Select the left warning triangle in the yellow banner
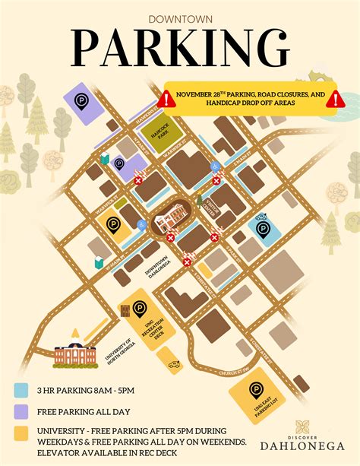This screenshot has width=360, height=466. pyautogui.click(x=167, y=98)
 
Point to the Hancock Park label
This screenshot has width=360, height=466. pyautogui.click(x=158, y=132)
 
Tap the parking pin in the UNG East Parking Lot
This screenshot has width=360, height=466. pyautogui.click(x=257, y=391)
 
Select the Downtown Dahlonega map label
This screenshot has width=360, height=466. pyautogui.click(x=162, y=271)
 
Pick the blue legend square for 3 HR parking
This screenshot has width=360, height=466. pyautogui.click(x=21, y=391)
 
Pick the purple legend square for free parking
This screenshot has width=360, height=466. pyautogui.click(x=21, y=411)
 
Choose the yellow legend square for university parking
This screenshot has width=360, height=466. pyautogui.click(x=21, y=432)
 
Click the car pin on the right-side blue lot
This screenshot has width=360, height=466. pyautogui.click(x=262, y=227)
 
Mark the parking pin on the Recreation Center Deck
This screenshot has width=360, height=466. pyautogui.click(x=140, y=309)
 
